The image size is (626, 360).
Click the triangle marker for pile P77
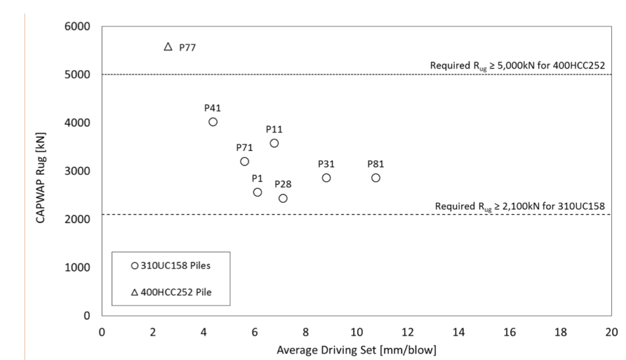coord(169,47)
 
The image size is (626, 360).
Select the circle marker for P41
coord(213,122)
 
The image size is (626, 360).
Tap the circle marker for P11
coord(274,143)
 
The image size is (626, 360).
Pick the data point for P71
coord(245,161)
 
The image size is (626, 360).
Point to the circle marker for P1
coord(257,192)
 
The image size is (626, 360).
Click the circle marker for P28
coord(283,198)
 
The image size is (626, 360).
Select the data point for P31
coord(326,178)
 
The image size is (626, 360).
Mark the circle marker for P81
coord(376,178)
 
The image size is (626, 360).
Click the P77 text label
coord(187,47)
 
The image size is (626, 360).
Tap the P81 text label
coord(376,164)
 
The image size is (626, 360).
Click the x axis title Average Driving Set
coord(356,351)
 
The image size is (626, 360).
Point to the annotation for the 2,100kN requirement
coord(520,207)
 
